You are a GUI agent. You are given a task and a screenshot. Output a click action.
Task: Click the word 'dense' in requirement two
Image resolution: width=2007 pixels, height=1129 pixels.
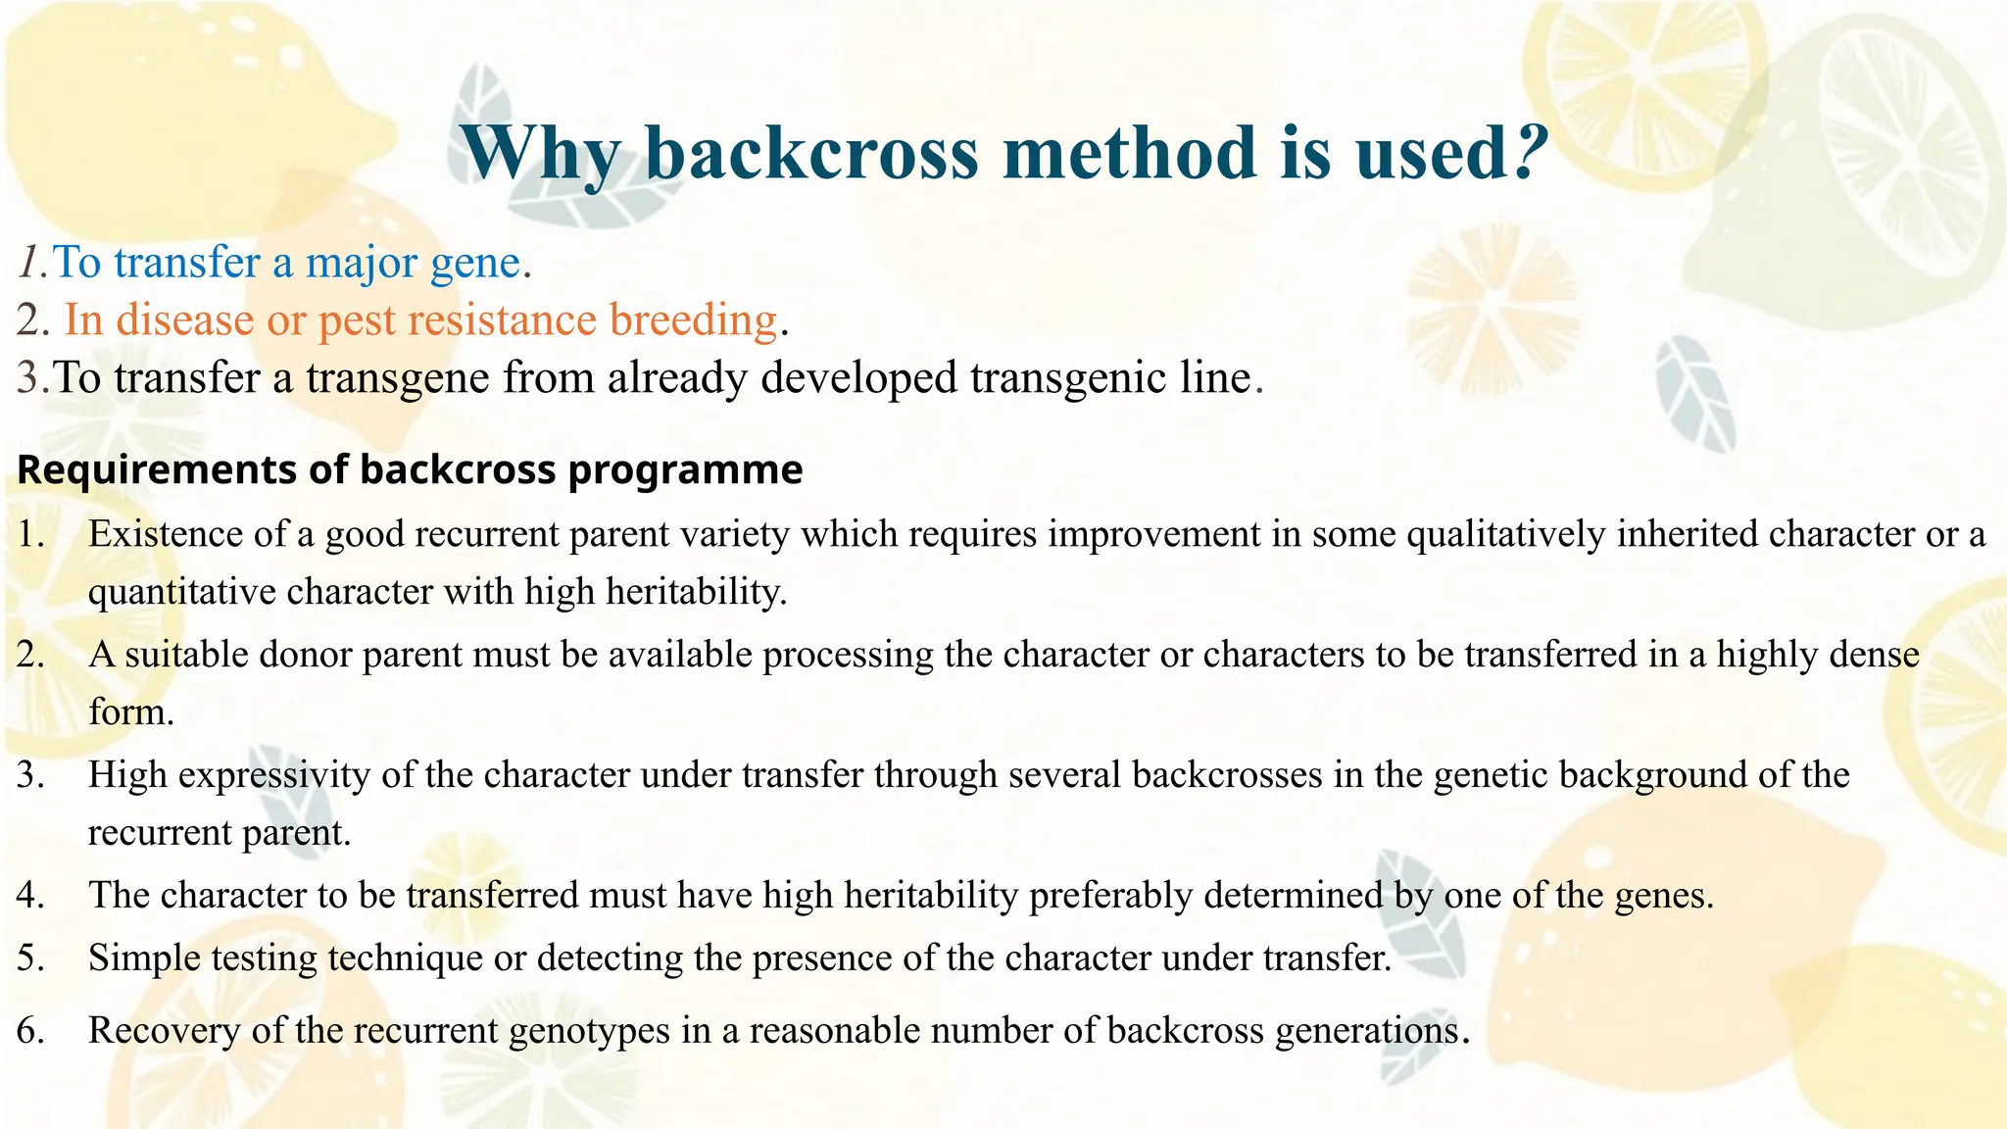(1875, 655)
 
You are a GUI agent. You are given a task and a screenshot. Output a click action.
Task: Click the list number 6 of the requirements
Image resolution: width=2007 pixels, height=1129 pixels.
(29, 1031)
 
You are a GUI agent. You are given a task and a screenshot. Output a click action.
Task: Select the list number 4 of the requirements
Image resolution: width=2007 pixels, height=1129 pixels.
(29, 896)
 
